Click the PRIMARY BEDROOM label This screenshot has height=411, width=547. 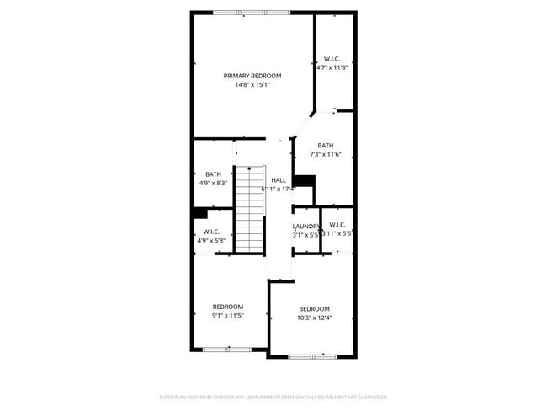pos(252,76)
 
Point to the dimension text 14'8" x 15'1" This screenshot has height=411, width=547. pos(252,84)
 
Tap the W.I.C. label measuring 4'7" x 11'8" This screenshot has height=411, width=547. pos(332,59)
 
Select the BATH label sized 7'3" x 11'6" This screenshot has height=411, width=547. pos(326,145)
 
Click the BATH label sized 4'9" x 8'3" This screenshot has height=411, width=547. pos(213,174)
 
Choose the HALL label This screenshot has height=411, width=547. pos(279,180)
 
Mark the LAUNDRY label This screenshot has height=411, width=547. pos(306,226)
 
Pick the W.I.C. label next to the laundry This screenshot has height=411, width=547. pos(337,224)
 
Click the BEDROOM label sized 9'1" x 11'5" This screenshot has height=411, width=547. pos(227,306)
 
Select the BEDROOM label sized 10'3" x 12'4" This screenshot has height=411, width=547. pos(314,308)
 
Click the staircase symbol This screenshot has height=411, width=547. pos(249,209)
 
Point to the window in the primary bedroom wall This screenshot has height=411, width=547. pos(252,12)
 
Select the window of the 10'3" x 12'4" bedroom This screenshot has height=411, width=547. pos(312,356)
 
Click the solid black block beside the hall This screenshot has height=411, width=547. pos(304,182)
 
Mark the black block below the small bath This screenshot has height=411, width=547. pos(200,213)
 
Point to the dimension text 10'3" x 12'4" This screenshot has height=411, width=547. pos(314,318)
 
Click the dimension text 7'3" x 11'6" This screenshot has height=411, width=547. pos(326,154)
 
